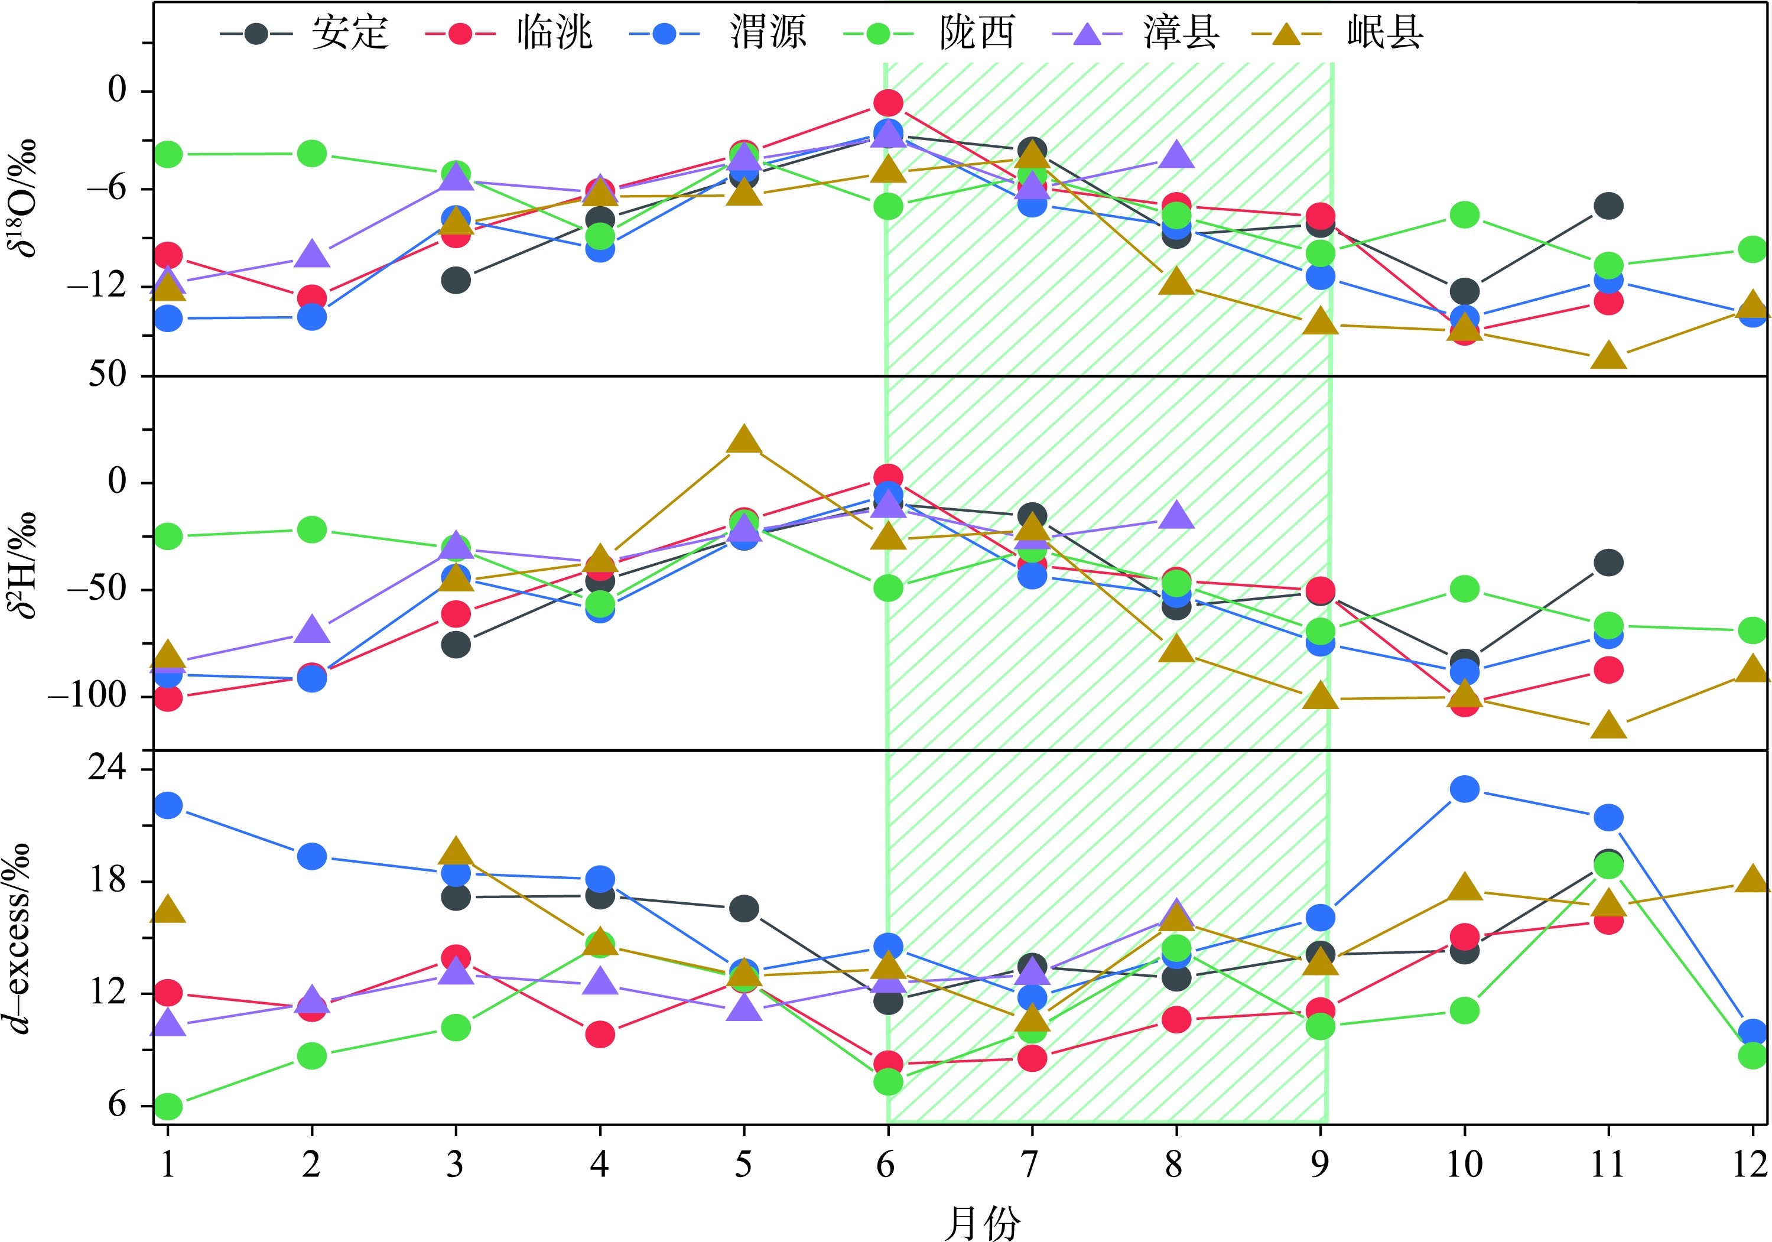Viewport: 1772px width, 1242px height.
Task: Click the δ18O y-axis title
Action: click(23, 197)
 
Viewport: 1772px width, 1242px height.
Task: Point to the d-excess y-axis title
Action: click(23, 938)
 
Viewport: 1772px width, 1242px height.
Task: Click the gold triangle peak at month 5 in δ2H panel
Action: click(744, 440)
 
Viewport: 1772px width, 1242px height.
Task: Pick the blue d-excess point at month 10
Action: click(1464, 789)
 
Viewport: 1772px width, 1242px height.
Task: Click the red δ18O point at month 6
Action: click(887, 103)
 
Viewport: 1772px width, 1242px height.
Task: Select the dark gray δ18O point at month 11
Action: click(1608, 206)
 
